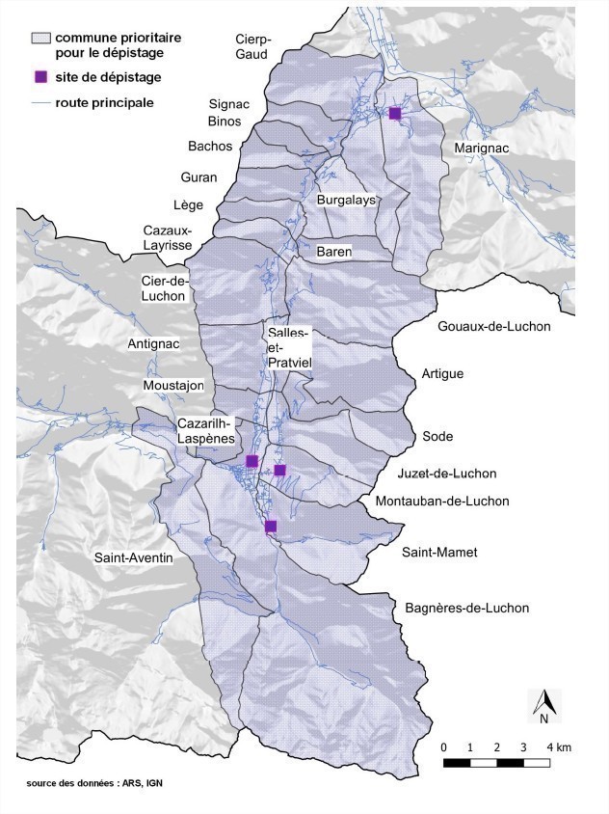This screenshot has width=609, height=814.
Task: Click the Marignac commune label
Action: click(481, 148)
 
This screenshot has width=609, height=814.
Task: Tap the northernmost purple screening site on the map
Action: click(394, 113)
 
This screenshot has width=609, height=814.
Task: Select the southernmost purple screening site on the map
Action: click(271, 526)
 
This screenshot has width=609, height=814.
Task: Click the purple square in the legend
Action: click(40, 77)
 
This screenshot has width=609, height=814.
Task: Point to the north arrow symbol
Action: click(544, 706)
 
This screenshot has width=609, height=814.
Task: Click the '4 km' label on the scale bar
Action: click(558, 747)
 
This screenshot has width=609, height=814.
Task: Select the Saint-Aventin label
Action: click(133, 557)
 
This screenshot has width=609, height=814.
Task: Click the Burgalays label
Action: click(345, 200)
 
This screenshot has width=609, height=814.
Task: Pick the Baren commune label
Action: click(334, 252)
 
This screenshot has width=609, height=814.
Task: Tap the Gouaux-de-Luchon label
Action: click(494, 326)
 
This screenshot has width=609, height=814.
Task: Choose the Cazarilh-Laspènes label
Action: click(206, 430)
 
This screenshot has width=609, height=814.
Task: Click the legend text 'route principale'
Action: click(104, 102)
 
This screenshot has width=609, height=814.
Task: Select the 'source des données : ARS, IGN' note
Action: click(94, 783)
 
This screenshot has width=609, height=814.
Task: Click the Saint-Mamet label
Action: click(439, 553)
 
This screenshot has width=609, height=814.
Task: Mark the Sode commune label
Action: click(437, 437)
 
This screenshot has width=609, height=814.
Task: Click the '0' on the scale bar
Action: click(443, 747)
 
